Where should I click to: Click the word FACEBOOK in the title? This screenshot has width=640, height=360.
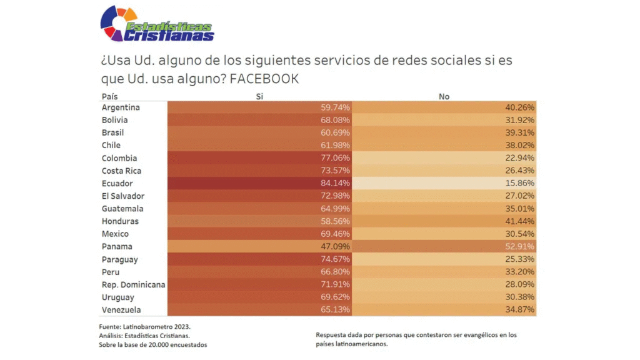click(x=264, y=79)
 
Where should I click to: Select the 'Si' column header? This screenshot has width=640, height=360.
click(x=259, y=97)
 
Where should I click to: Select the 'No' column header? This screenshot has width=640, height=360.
click(x=444, y=97)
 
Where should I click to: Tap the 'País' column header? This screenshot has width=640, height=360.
click(x=109, y=97)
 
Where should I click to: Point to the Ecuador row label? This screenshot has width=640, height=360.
click(x=117, y=184)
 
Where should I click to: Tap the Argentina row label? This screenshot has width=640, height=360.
click(x=121, y=107)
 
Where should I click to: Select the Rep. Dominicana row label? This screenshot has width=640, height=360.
click(x=133, y=285)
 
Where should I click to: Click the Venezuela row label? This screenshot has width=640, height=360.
click(x=121, y=310)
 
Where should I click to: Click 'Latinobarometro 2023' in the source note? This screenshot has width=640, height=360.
click(x=159, y=327)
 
